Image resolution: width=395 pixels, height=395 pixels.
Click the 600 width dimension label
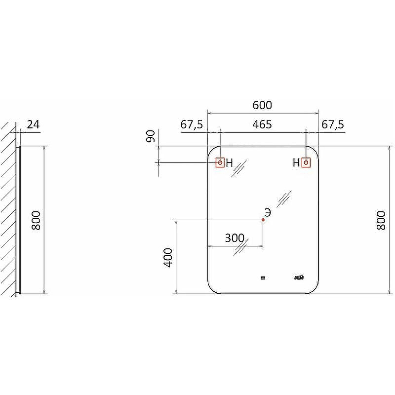tap(262, 105)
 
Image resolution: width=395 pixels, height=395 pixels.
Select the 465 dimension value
tap(262, 124)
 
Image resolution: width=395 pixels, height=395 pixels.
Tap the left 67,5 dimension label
tap(192, 125)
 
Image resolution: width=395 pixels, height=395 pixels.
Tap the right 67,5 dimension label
tap(333, 125)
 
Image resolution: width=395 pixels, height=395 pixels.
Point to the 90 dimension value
tap(151, 136)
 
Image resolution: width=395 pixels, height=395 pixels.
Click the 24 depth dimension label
tap(33, 125)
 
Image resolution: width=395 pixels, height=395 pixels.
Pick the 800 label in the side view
tap(36, 220)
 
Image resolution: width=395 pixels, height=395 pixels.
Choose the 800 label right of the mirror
tap(381, 220)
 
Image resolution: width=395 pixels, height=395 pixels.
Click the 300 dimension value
tap(235, 238)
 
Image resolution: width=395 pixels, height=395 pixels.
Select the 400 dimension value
tap(168, 257)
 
